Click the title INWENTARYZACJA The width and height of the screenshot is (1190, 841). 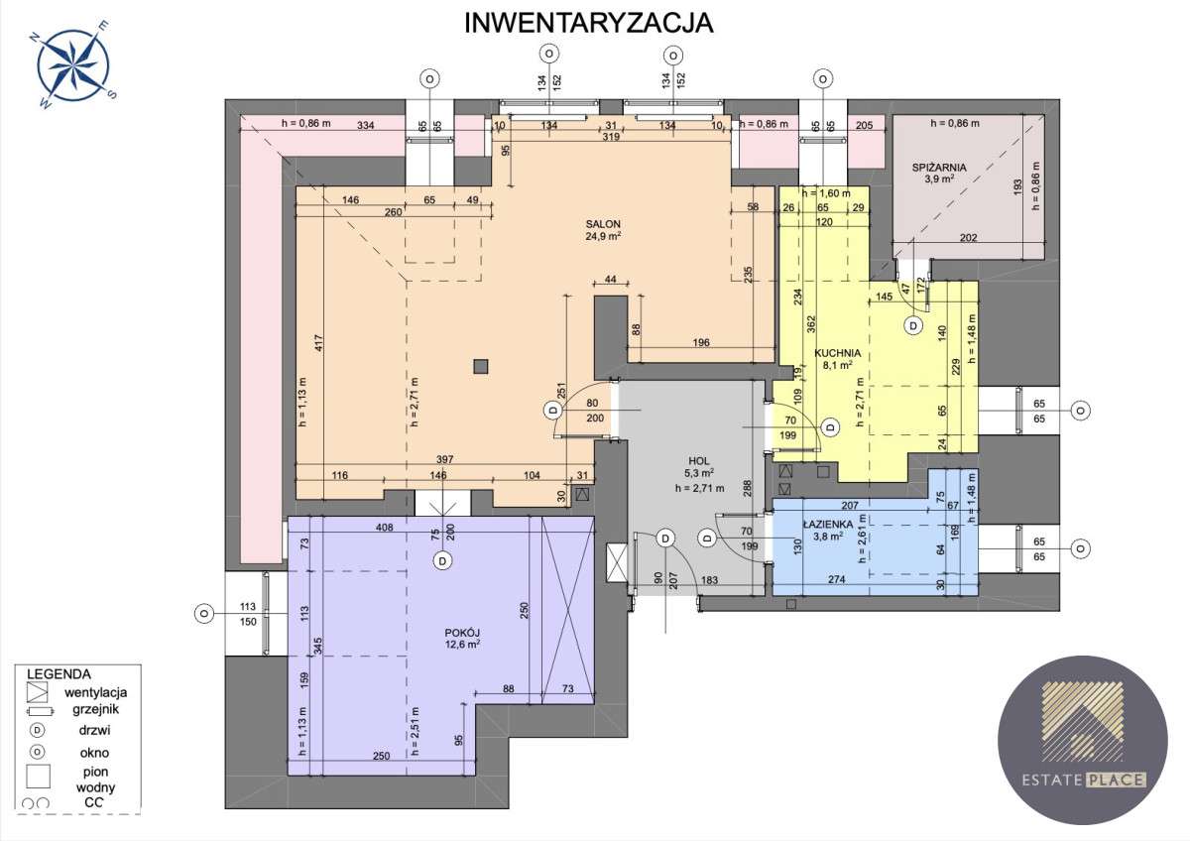pyautogui.click(x=589, y=23)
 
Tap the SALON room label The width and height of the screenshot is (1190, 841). pyautogui.click(x=602, y=223)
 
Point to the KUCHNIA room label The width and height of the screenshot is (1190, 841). pyautogui.click(x=837, y=352)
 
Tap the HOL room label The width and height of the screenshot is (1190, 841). pyautogui.click(x=699, y=460)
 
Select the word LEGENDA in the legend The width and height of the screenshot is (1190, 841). pyautogui.click(x=59, y=673)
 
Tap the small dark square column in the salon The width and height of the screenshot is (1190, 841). pyautogui.click(x=481, y=365)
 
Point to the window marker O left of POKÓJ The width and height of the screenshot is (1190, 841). pyautogui.click(x=203, y=613)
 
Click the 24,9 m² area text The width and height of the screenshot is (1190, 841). pyautogui.click(x=602, y=237)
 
